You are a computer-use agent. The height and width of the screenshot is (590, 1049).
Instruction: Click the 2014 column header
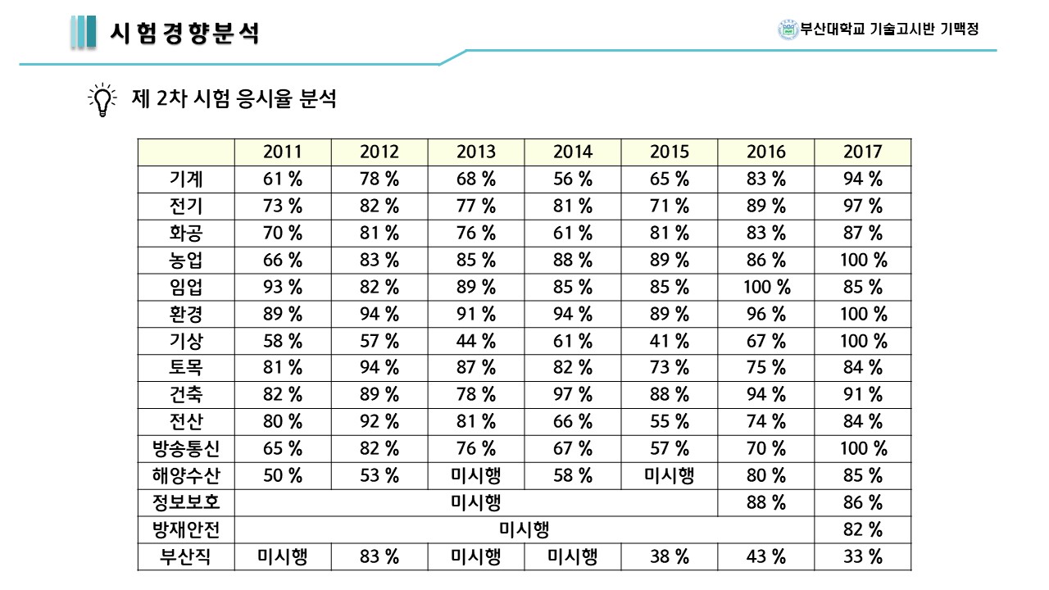click(x=572, y=152)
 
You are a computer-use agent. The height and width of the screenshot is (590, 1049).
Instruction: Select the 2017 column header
click(x=862, y=152)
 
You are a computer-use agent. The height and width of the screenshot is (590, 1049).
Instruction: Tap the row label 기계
click(x=186, y=179)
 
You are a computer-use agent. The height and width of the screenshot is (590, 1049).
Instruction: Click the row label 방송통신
click(x=186, y=448)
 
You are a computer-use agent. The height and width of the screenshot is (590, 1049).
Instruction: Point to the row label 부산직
click(x=186, y=557)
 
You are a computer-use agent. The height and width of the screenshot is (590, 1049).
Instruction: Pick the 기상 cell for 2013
click(x=476, y=341)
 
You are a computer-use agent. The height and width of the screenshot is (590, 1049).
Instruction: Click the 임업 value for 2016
click(x=765, y=287)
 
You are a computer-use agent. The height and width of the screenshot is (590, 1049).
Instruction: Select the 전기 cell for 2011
click(x=283, y=206)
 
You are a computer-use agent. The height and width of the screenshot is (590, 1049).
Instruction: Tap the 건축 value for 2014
click(x=572, y=395)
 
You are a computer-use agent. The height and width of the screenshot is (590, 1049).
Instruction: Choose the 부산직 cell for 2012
click(x=379, y=557)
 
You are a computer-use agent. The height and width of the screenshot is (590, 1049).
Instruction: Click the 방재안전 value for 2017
click(x=862, y=530)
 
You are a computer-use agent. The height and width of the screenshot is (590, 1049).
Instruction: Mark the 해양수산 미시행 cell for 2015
click(x=669, y=475)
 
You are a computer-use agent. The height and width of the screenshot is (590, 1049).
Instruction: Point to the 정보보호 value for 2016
click(x=765, y=502)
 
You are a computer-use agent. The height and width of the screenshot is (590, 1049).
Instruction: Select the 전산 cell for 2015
click(x=669, y=422)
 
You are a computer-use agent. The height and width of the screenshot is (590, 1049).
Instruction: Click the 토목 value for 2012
click(x=379, y=368)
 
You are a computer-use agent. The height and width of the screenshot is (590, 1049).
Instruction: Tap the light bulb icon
click(x=102, y=100)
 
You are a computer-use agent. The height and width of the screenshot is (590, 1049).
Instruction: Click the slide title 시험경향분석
click(x=184, y=33)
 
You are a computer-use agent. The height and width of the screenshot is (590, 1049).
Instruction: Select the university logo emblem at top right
click(x=788, y=29)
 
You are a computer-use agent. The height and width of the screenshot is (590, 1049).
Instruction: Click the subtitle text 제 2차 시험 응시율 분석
click(x=234, y=100)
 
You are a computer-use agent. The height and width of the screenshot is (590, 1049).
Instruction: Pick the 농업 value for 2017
click(x=862, y=261)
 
